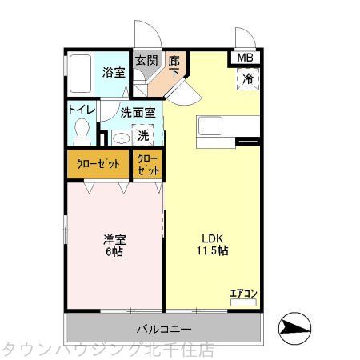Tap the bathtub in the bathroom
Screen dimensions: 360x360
coord(80,75)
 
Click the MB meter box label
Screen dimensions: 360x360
coord(245,58)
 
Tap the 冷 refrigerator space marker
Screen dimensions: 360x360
coord(248,78)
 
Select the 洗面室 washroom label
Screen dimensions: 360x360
coord(137,113)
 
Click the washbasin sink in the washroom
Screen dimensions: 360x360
coord(120,138)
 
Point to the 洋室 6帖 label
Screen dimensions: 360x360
coord(114,245)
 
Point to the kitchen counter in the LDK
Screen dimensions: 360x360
coord(229,126)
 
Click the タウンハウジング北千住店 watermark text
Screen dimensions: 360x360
coord(108,350)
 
